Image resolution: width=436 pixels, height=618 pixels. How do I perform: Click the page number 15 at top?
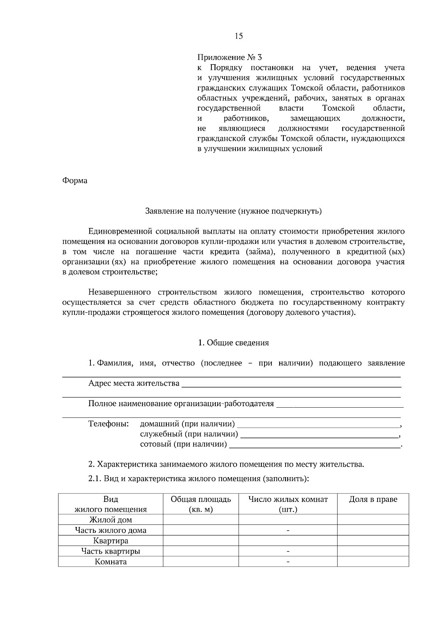pyautogui.click(x=239, y=36)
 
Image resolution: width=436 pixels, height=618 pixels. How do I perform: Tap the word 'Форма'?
pyautogui.click(x=75, y=181)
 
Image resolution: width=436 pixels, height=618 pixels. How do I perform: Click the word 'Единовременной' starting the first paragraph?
pyautogui.click(x=119, y=231)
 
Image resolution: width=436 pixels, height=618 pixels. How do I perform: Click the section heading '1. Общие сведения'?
pyautogui.click(x=233, y=342)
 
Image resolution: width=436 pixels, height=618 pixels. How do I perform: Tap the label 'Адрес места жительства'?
pyautogui.click(x=134, y=383)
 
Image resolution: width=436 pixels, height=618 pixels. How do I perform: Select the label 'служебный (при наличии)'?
pyautogui.click(x=189, y=434)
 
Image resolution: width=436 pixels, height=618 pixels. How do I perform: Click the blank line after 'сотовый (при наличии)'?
pyautogui.click(x=314, y=445)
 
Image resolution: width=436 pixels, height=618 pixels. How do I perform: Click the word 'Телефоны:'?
pyautogui.click(x=109, y=424)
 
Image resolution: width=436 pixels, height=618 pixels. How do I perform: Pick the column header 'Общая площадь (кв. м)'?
pyautogui.click(x=201, y=504)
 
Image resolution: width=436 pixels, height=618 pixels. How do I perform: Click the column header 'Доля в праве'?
pyautogui.click(x=373, y=499)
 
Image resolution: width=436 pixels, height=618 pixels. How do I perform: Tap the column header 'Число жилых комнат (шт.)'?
pyautogui.click(x=288, y=504)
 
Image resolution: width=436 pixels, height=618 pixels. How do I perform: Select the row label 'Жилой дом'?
pyautogui.click(x=110, y=520)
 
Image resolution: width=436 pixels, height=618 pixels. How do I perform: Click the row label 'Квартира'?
pyautogui.click(x=110, y=540)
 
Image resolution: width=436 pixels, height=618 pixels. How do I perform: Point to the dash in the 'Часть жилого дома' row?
pyautogui.click(x=288, y=530)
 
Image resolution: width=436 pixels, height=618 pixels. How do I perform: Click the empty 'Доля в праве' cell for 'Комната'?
pyautogui.click(x=373, y=561)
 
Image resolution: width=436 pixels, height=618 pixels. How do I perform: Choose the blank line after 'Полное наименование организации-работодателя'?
pyautogui.click(x=340, y=405)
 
